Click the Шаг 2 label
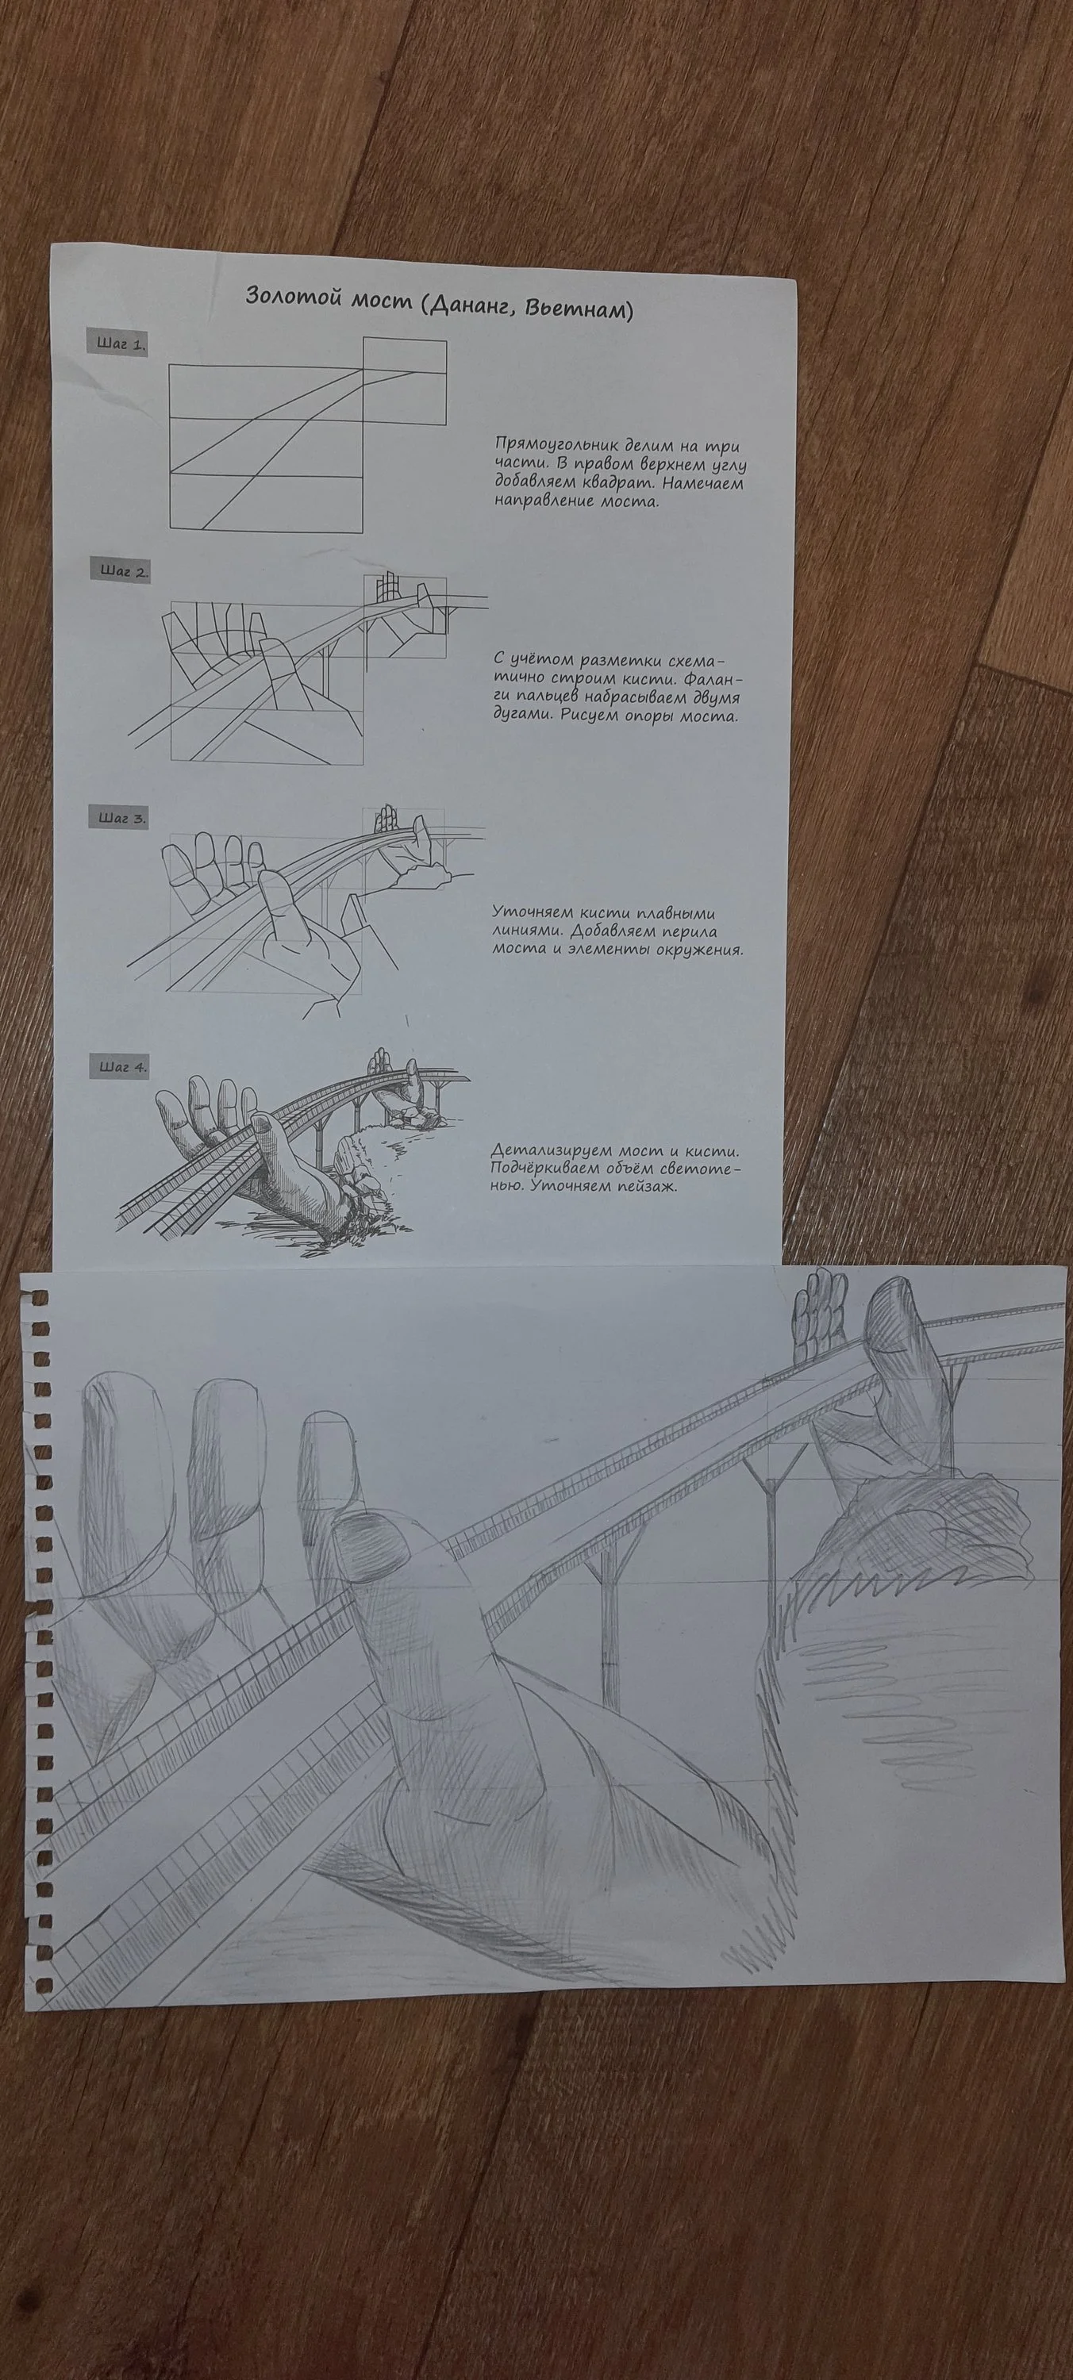tap(123, 570)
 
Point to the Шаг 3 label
tap(121, 817)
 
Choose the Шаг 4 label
tap(121, 1066)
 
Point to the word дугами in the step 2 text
tap(524, 718)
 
